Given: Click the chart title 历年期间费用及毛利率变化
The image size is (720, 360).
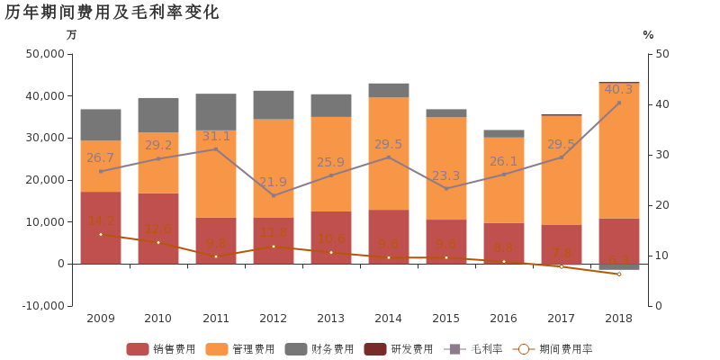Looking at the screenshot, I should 112,13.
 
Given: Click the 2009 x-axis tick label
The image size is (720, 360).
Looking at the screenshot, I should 100,319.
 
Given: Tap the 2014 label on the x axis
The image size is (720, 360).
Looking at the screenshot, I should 388,319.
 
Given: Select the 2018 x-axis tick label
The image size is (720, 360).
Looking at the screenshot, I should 618,319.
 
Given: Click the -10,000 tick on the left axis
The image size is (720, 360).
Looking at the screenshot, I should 41,306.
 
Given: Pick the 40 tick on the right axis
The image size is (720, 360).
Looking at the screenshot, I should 663,104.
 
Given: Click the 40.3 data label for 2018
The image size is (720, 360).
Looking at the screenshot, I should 618,89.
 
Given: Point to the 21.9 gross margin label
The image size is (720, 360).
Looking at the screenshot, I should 274,182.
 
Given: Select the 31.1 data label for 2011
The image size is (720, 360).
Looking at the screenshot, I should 216,136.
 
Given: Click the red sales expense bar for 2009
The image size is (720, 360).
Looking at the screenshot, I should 101,228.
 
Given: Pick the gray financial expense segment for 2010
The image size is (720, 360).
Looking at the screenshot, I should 158,115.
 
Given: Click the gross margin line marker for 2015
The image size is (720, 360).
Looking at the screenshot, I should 446,188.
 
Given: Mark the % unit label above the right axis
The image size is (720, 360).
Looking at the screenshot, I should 648,35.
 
